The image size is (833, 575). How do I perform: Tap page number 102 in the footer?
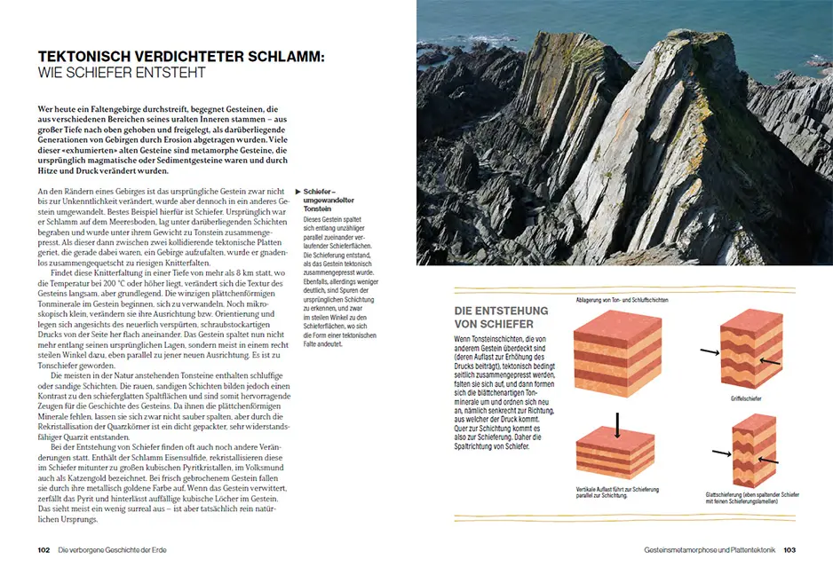point(44,550)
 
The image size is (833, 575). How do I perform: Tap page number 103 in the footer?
point(789,550)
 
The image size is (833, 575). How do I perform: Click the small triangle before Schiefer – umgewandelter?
point(298,191)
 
